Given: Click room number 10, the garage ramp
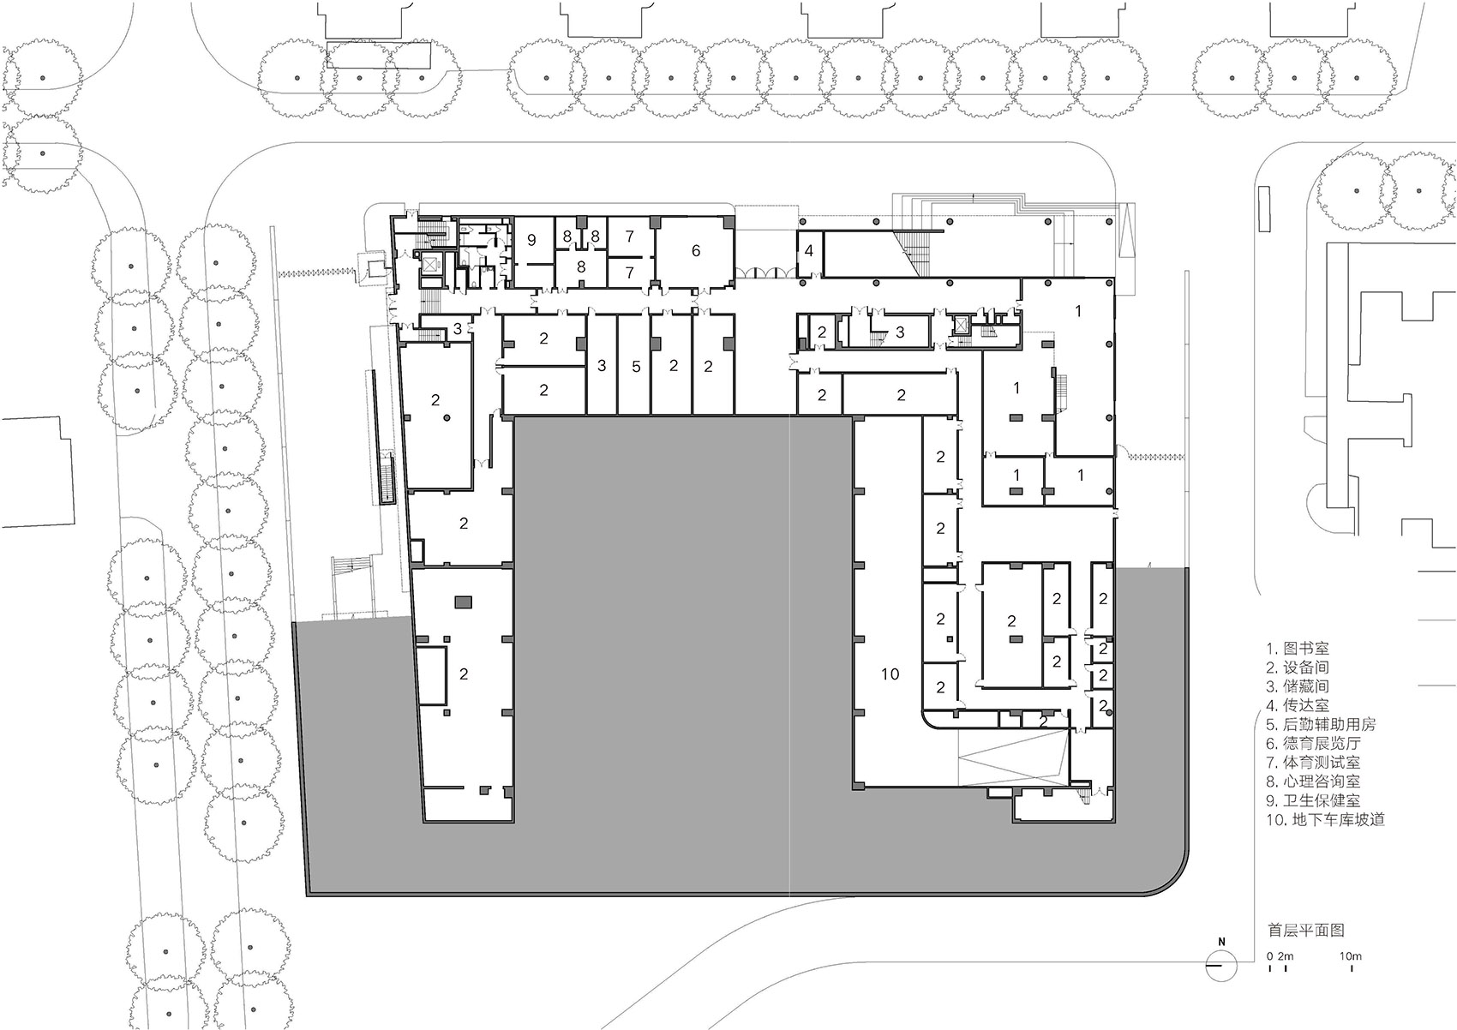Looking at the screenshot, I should coord(890,674).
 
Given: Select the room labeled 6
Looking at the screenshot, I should coord(695,250).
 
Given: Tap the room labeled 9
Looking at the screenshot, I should coord(531,241).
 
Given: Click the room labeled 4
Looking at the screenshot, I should coord(809,252).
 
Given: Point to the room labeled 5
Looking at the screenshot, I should coord(635,367).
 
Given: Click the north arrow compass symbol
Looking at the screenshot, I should coord(1221,967).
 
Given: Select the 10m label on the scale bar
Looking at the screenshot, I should coord(1351,955).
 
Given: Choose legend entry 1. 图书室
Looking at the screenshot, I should coord(1298,649).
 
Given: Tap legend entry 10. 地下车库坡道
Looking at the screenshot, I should coord(1323,818).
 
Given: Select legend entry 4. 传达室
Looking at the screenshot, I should coord(1298,705).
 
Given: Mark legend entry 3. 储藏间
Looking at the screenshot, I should coord(1298,686).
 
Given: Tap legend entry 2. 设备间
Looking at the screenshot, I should coord(1298,668).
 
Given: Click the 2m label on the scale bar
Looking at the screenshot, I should coord(1286,955).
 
